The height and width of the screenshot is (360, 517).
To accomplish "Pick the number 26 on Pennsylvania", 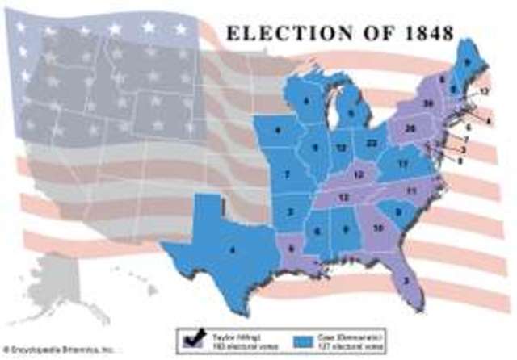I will tap(410, 129).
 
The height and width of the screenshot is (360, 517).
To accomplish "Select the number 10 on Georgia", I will tap(378, 229).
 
